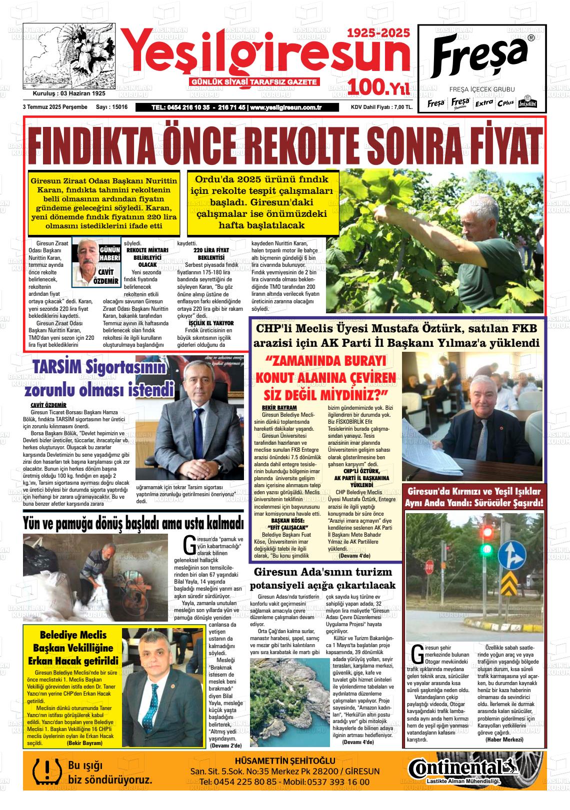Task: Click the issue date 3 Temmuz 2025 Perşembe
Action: click(x=55, y=107)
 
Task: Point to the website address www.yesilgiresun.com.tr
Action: click(x=285, y=107)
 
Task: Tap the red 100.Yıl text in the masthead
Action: click(x=379, y=87)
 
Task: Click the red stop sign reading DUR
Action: click(x=429, y=567)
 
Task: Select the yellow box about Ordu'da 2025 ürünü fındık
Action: click(x=262, y=202)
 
